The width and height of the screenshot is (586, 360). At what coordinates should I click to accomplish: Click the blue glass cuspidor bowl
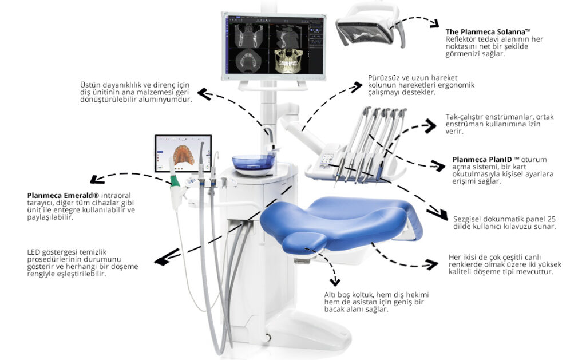(x=253, y=163)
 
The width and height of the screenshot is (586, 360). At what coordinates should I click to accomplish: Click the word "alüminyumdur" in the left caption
(x=166, y=98)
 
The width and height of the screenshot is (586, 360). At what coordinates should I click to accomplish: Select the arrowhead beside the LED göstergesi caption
(x=164, y=260)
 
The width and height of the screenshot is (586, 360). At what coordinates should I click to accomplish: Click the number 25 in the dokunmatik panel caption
(x=550, y=219)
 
